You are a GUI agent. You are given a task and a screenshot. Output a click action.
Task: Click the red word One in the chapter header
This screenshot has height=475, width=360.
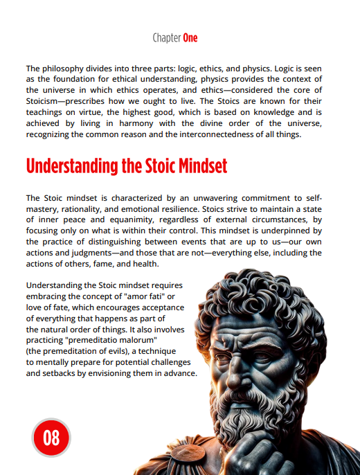coord(190,37)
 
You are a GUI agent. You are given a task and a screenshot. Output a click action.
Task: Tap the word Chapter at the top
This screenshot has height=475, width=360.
coord(165,37)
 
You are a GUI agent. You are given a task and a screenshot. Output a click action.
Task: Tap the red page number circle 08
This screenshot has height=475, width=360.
coord(52,438)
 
